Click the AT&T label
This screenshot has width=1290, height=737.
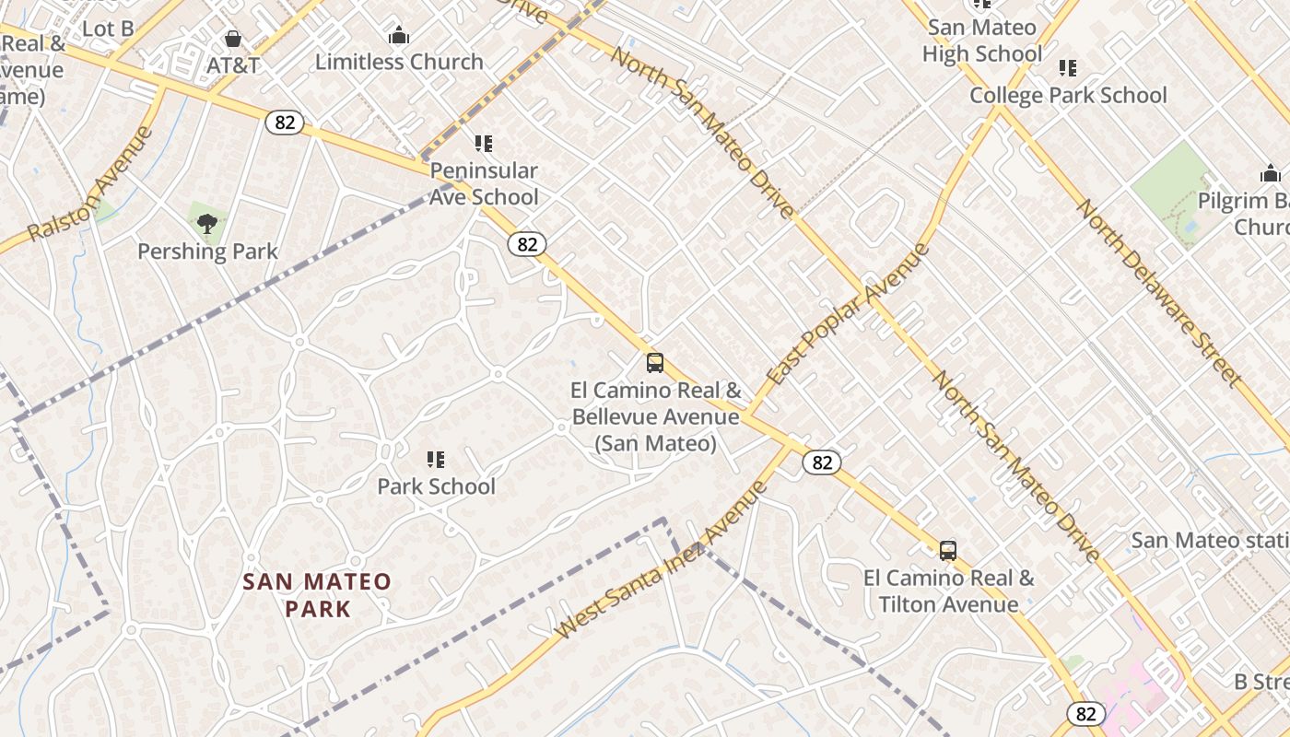point(233,65)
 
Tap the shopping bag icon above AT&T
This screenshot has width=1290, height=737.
point(233,39)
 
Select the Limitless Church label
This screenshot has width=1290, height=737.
point(399,62)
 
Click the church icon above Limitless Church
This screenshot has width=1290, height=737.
point(399,36)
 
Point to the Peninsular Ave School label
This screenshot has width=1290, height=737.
point(484,183)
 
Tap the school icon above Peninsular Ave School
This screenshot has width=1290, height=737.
point(484,144)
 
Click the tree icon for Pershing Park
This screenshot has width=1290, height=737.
point(207,222)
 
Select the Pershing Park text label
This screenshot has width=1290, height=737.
point(207,251)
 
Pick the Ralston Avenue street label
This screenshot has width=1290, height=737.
point(89,184)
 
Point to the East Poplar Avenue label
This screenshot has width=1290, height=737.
point(847,314)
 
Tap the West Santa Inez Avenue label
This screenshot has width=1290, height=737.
point(662,560)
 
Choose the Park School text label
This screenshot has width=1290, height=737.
point(436,486)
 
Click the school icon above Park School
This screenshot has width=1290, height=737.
point(436,459)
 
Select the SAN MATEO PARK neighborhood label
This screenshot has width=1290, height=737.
point(317,595)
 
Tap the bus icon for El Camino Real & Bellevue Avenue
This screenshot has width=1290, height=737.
point(655,363)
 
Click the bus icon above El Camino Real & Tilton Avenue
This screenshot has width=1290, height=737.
point(948,551)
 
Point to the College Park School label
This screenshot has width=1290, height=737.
point(1068,95)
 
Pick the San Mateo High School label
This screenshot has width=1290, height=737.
point(981,41)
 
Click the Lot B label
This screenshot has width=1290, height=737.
point(108,29)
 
